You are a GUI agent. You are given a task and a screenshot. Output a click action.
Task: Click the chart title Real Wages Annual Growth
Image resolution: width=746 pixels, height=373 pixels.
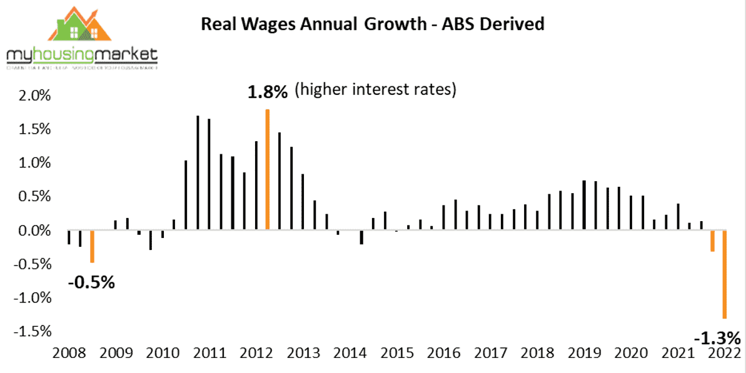coord(372,24)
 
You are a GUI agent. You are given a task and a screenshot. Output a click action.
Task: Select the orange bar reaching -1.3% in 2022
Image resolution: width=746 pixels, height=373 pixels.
coord(725,274)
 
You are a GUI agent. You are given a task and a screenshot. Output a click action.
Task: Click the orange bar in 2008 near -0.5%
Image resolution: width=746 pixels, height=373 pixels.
coord(92,246)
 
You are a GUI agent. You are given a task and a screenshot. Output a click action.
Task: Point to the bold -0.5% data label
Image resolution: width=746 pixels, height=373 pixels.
coord(91,282)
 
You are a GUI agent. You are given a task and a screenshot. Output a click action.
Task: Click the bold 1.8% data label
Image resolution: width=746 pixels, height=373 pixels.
coord(268,92)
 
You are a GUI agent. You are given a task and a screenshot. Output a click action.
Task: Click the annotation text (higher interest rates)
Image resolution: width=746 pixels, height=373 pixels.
coord(375,91)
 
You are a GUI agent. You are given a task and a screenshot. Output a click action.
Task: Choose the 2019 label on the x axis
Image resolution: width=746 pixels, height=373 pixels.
coord(583,352)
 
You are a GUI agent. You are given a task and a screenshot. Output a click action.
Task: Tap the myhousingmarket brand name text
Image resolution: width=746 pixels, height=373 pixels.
coord(82,56)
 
